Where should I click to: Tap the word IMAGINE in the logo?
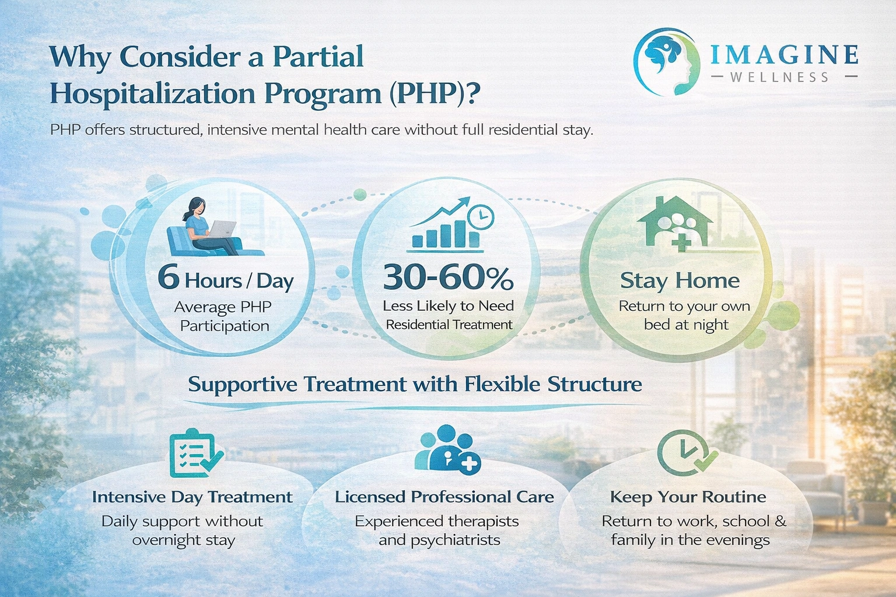pyautogui.click(x=784, y=55)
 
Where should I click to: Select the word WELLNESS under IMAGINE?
pyautogui.click(x=779, y=77)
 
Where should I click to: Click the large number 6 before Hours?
pyautogui.click(x=168, y=277)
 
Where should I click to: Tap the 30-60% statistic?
pyautogui.click(x=448, y=278)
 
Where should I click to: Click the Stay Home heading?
pyautogui.click(x=680, y=280)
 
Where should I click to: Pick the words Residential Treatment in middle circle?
pyautogui.click(x=449, y=325)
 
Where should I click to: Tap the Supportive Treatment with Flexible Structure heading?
pyautogui.click(x=415, y=384)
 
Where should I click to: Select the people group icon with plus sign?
pyautogui.click(x=447, y=449)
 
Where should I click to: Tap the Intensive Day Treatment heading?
pyautogui.click(x=192, y=497)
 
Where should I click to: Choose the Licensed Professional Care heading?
pyautogui.click(x=444, y=497)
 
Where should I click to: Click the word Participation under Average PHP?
pyautogui.click(x=225, y=326)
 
